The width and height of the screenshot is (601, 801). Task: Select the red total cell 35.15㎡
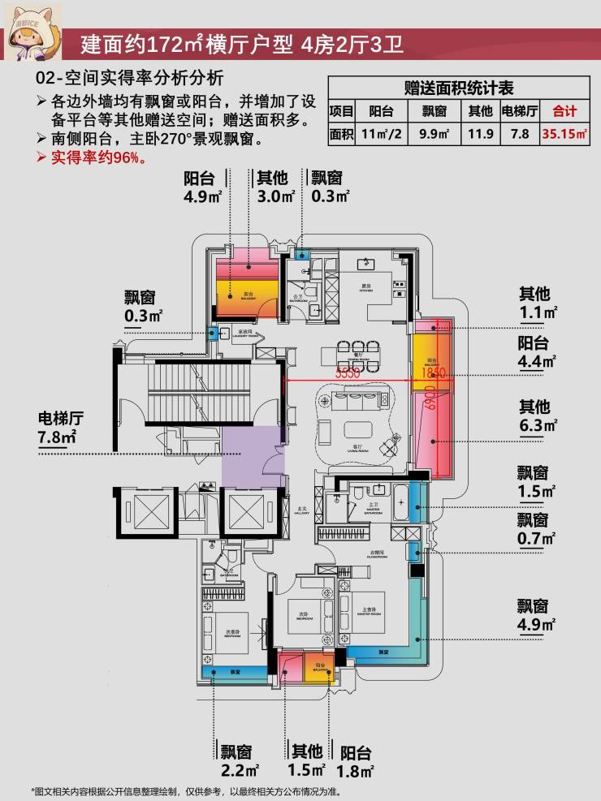(x=564, y=135)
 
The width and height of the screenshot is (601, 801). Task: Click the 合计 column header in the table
(x=564, y=111)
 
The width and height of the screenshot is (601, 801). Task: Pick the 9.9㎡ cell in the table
(x=435, y=135)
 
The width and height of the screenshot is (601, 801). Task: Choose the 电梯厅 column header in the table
(x=520, y=111)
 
